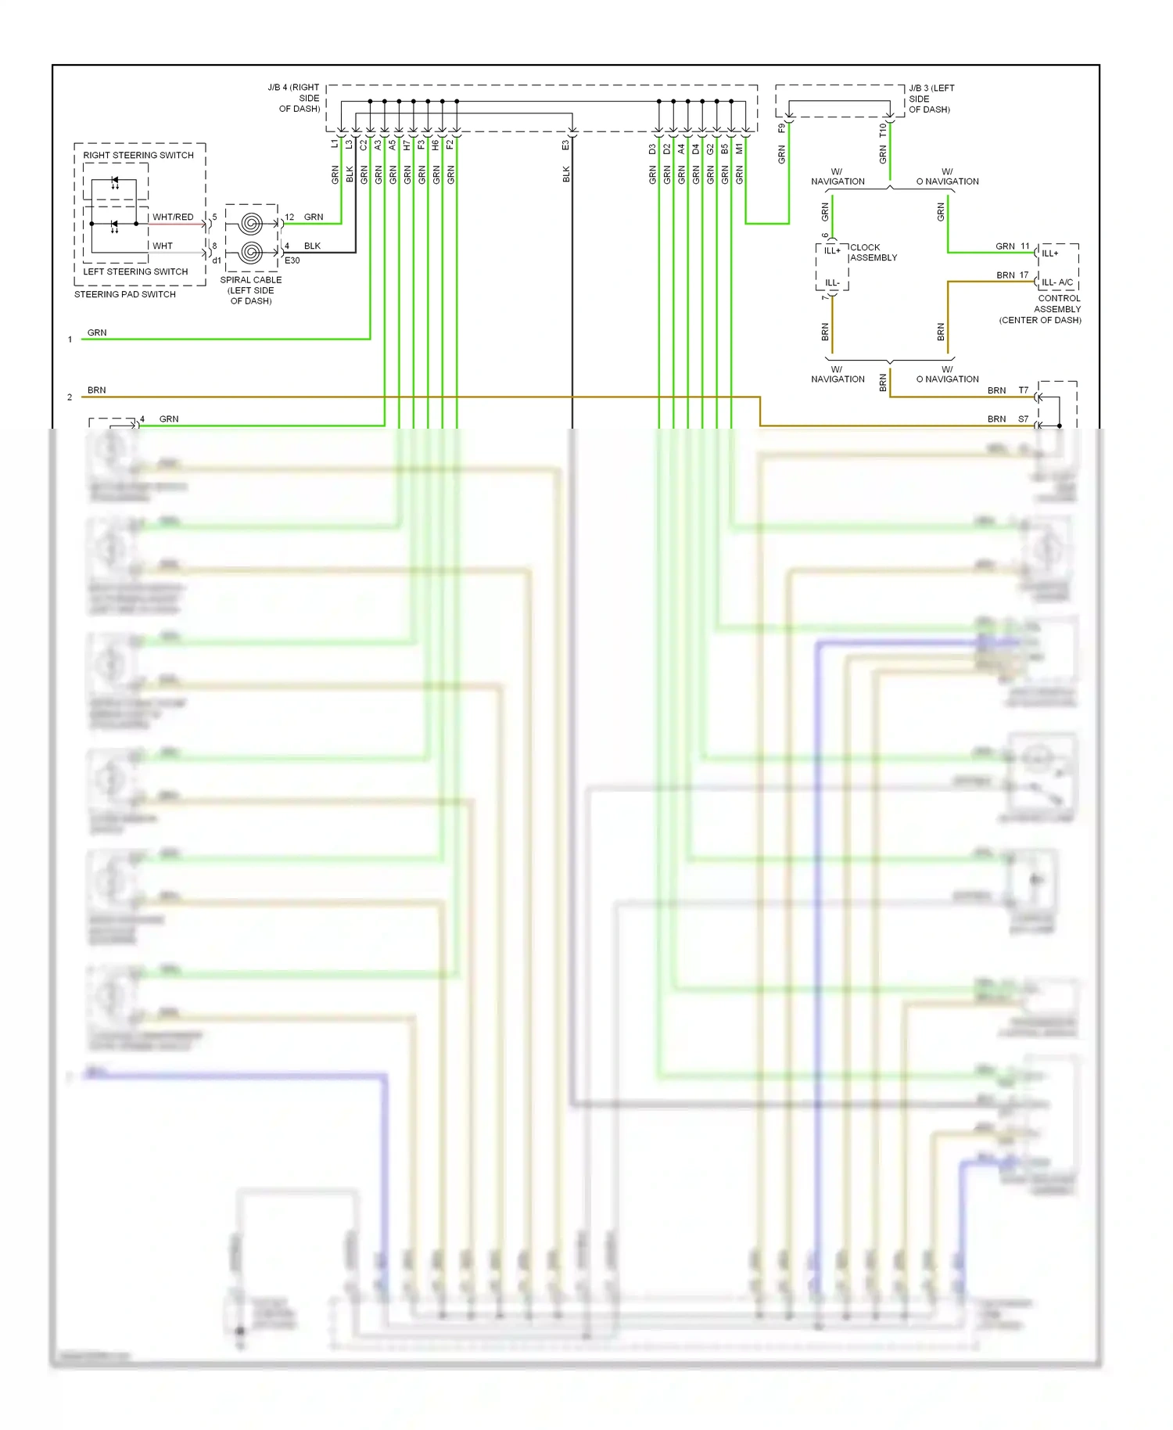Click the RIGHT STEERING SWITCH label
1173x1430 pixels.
click(138, 155)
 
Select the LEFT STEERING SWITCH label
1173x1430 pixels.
click(135, 271)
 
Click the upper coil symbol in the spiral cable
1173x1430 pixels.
click(250, 224)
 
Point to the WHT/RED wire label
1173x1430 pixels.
click(173, 217)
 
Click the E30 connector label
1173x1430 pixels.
click(292, 260)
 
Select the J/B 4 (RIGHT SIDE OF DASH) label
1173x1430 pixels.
click(295, 98)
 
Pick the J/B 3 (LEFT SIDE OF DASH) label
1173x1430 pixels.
click(931, 99)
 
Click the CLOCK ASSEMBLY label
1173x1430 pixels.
click(873, 252)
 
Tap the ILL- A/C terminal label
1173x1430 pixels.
click(1057, 282)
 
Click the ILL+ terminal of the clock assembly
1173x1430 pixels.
click(832, 250)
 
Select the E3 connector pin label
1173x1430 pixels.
click(565, 145)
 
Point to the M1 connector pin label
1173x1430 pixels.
click(739, 147)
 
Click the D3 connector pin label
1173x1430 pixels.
click(652, 148)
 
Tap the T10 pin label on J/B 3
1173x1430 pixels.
click(882, 130)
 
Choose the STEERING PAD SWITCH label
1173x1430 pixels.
click(125, 294)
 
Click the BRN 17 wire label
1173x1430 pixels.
click(1012, 275)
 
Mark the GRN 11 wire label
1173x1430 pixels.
click(1012, 246)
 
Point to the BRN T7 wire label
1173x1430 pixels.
click(1007, 390)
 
